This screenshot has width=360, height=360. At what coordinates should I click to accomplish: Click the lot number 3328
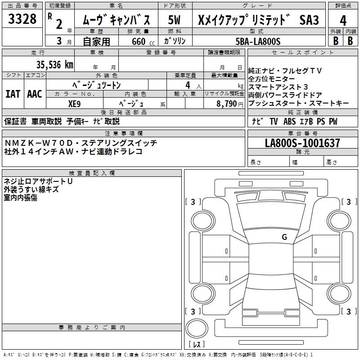coord(22,19)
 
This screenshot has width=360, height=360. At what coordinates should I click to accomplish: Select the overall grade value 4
coord(343,21)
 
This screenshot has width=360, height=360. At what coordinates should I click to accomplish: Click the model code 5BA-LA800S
coord(258,41)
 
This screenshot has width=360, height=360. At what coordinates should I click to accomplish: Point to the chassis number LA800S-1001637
coord(302,144)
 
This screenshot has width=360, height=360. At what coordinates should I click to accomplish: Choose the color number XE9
coord(75,103)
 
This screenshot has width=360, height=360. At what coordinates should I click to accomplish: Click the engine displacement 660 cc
coord(137,41)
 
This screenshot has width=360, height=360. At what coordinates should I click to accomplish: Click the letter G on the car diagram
coord(284,237)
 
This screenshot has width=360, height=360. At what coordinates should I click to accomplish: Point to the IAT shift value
coord(13,94)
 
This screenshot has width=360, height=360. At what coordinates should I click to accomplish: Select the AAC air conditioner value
coord(34,94)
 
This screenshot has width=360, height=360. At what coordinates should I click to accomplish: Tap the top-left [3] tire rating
coord(193,202)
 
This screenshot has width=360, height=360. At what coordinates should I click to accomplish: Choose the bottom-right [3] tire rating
coord(348,311)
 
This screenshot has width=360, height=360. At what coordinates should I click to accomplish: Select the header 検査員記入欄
coord(92,173)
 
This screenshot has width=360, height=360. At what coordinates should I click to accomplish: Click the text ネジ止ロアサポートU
coord(38,181)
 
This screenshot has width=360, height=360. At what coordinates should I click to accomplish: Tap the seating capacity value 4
coord(187,84)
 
